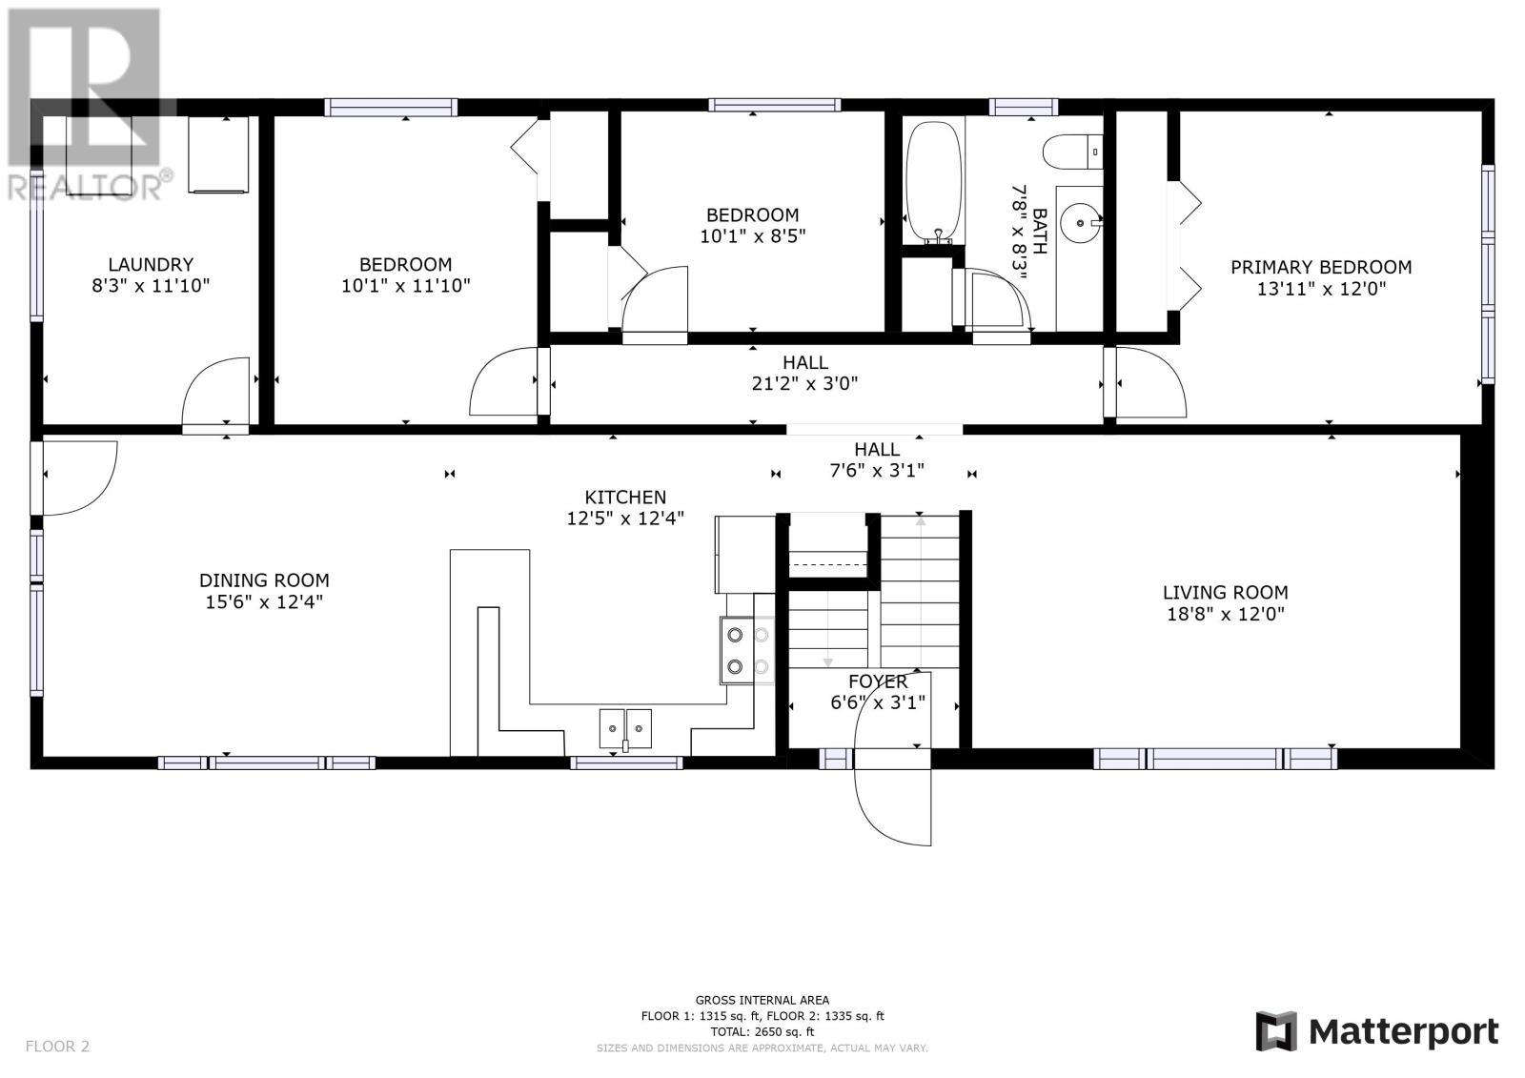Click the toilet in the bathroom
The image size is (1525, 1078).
tap(1073, 152)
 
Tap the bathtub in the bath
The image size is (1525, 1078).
tap(934, 182)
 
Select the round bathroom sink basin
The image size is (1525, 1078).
tap(1081, 222)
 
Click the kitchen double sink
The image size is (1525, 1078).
tap(625, 728)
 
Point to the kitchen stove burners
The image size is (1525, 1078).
tap(747, 650)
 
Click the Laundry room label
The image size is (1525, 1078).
tap(151, 264)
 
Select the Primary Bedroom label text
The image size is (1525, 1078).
tap(1321, 267)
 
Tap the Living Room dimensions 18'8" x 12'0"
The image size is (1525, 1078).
tap(1226, 614)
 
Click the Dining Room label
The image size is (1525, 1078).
tap(264, 580)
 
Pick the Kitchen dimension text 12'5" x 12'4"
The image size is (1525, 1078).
tap(625, 519)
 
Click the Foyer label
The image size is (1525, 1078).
tap(878, 681)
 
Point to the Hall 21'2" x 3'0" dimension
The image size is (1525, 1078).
tap(804, 383)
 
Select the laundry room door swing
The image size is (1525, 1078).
tap(215, 392)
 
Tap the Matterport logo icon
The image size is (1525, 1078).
tap(1276, 1031)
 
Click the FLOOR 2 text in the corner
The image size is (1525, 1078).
tap(57, 1046)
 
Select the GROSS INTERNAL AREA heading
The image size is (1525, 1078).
tap(762, 1000)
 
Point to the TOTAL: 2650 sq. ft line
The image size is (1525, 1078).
tap(762, 1031)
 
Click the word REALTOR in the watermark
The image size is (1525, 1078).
tap(83, 186)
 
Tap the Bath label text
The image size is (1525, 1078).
tap(1040, 232)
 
